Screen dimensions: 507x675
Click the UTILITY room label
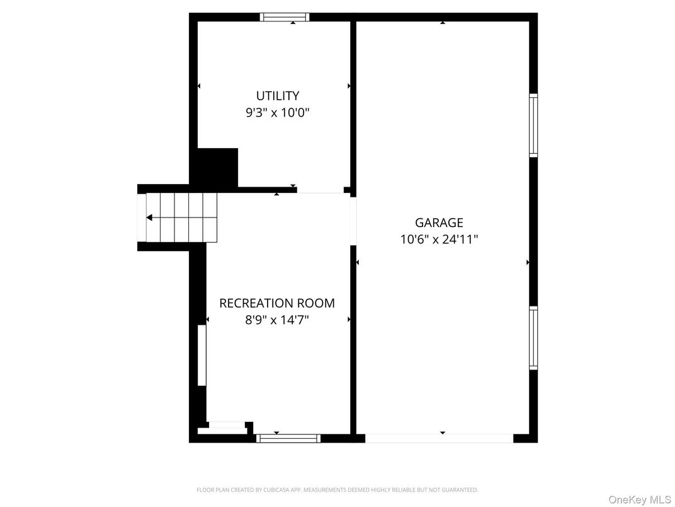[x=277, y=96]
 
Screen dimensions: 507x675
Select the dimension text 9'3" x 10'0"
[x=277, y=113]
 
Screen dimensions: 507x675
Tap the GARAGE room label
[x=439, y=223]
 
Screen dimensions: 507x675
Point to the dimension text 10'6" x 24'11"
[x=439, y=240]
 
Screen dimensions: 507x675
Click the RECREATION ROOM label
[x=277, y=303]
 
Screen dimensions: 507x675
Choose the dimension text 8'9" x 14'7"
[x=277, y=320]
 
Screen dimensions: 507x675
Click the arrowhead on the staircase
[x=150, y=218]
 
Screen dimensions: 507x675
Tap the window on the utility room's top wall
[x=285, y=17]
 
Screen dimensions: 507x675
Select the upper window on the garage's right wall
[x=533, y=125]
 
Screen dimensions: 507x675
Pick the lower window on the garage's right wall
[x=533, y=337]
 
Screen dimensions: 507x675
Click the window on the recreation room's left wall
[x=201, y=354]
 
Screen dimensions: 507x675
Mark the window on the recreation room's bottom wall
[x=289, y=438]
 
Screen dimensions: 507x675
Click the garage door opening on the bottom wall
[x=439, y=438]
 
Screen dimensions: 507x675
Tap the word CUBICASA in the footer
[x=273, y=490]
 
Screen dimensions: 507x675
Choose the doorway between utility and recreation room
[x=320, y=190]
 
